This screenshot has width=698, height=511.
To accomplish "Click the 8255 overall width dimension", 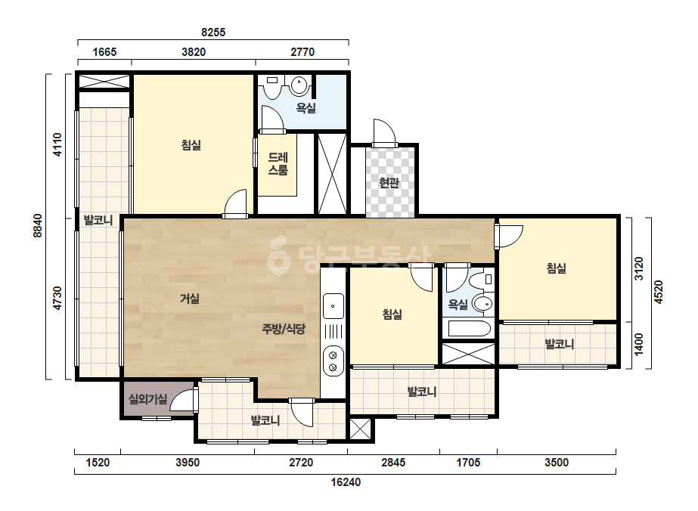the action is pos(213,32).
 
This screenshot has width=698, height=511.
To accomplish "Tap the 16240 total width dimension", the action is pos(346,482).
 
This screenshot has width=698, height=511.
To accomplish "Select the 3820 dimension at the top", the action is pos(194,52).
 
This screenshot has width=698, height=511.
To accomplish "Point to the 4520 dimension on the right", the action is pos(659,292).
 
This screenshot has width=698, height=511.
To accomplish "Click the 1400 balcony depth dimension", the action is pos(639,345).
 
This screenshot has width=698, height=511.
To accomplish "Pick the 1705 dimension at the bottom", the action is pos(468,463).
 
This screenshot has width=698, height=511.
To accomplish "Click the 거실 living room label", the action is pos(190,299).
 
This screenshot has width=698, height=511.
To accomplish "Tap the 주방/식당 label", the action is pos(284,329).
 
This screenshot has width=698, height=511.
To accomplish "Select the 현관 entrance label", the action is pos(389,182).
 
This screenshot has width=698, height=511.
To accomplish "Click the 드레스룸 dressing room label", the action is pos(278,164).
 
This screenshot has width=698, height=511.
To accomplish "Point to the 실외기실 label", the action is pos(147,399).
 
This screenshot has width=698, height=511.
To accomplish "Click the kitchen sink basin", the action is pos(333,306).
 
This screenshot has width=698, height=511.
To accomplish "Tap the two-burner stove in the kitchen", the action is pos(333,361).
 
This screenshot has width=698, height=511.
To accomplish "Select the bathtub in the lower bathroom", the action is pos(469,329).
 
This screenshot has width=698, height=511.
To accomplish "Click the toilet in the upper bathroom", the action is pos(272,88).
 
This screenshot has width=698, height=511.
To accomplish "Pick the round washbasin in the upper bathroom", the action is pos(299,85).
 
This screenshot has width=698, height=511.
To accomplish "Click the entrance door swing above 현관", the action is pos(385,132).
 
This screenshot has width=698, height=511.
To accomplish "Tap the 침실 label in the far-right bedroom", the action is pos(556,268).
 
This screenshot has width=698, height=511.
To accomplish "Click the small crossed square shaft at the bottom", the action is pos(360,429).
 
